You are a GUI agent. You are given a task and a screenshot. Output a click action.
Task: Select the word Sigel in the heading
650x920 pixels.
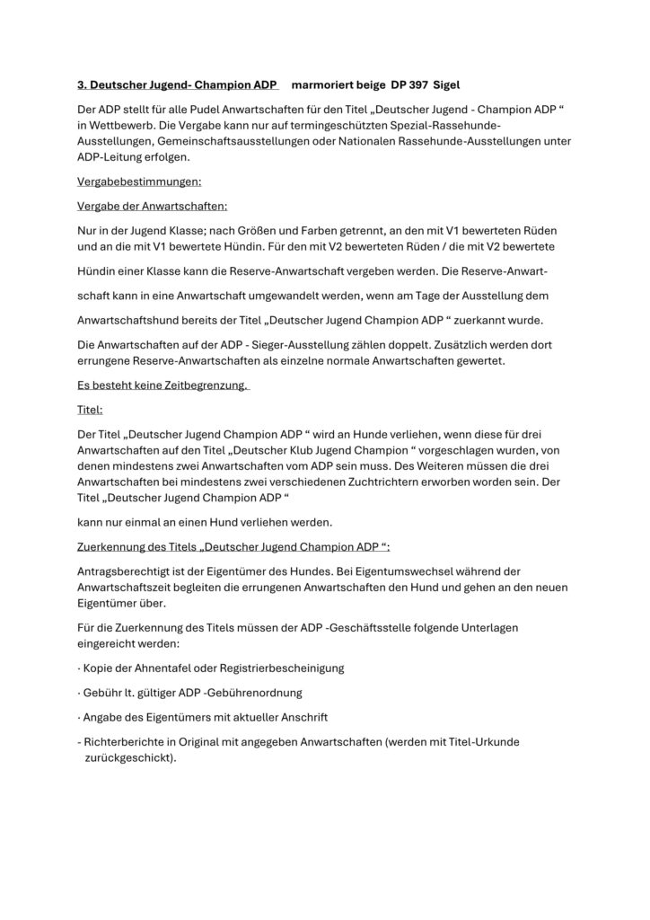[450, 85]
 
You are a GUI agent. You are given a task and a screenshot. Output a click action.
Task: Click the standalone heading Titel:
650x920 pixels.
[91, 409]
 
